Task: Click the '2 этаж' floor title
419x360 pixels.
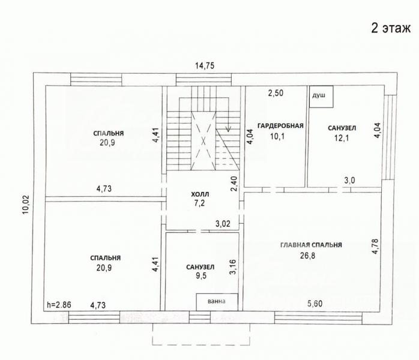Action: [x=391, y=28]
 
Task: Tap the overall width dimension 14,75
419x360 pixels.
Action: [x=205, y=65]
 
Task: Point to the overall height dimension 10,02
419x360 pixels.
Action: [x=25, y=205]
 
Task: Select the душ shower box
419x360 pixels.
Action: [x=321, y=97]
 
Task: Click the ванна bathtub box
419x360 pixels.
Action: [x=217, y=302]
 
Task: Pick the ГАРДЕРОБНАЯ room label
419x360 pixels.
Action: [x=280, y=126]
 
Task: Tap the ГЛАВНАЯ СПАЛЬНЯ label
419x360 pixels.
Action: [x=311, y=245]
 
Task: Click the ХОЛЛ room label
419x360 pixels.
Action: [x=200, y=194]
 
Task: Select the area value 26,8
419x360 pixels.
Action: [x=307, y=256]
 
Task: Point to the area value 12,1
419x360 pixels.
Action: [x=342, y=138]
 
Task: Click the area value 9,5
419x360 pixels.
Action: [x=201, y=275]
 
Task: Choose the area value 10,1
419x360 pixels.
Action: [x=277, y=136]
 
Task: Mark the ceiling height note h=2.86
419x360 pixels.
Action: [x=59, y=305]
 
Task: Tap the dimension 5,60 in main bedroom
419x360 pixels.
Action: [x=315, y=304]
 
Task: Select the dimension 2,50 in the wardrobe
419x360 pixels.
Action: [x=276, y=93]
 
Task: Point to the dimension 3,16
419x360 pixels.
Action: [x=233, y=267]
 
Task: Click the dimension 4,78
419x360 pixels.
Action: [x=375, y=246]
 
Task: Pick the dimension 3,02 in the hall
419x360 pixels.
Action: [x=223, y=224]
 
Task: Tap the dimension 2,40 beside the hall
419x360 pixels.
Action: [x=234, y=184]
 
